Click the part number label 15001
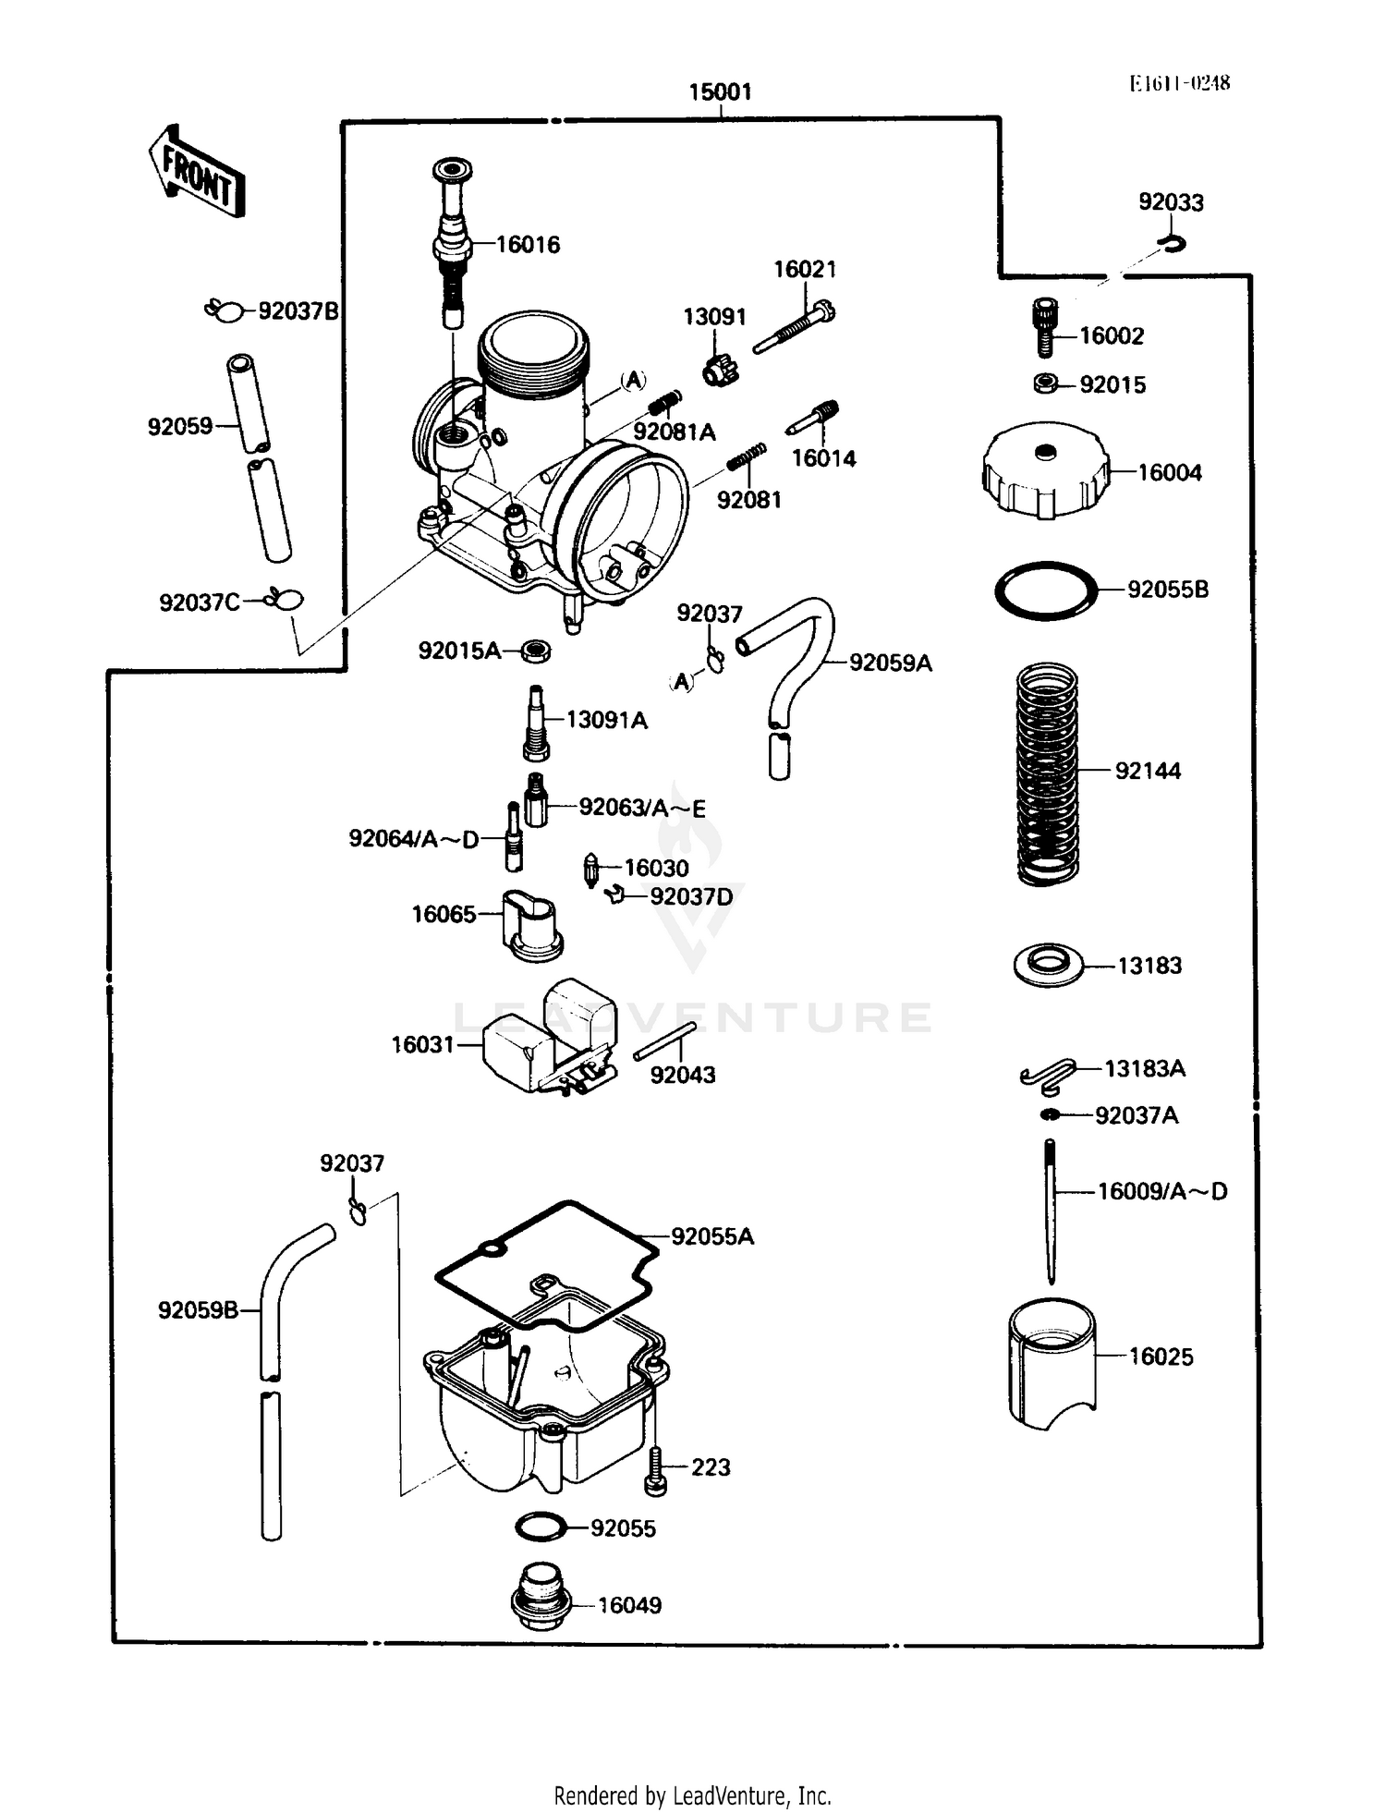click(720, 92)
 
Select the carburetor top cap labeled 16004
click(1045, 470)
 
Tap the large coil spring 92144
click(1047, 773)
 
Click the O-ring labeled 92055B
click(1046, 590)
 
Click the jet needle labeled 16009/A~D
click(1051, 1210)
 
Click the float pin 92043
click(664, 1041)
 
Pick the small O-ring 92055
click(541, 1527)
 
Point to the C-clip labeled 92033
click(1172, 244)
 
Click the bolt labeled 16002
click(1045, 327)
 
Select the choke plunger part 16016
click(452, 243)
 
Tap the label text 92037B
click(298, 311)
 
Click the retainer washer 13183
click(1048, 965)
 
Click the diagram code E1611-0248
click(1179, 83)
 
